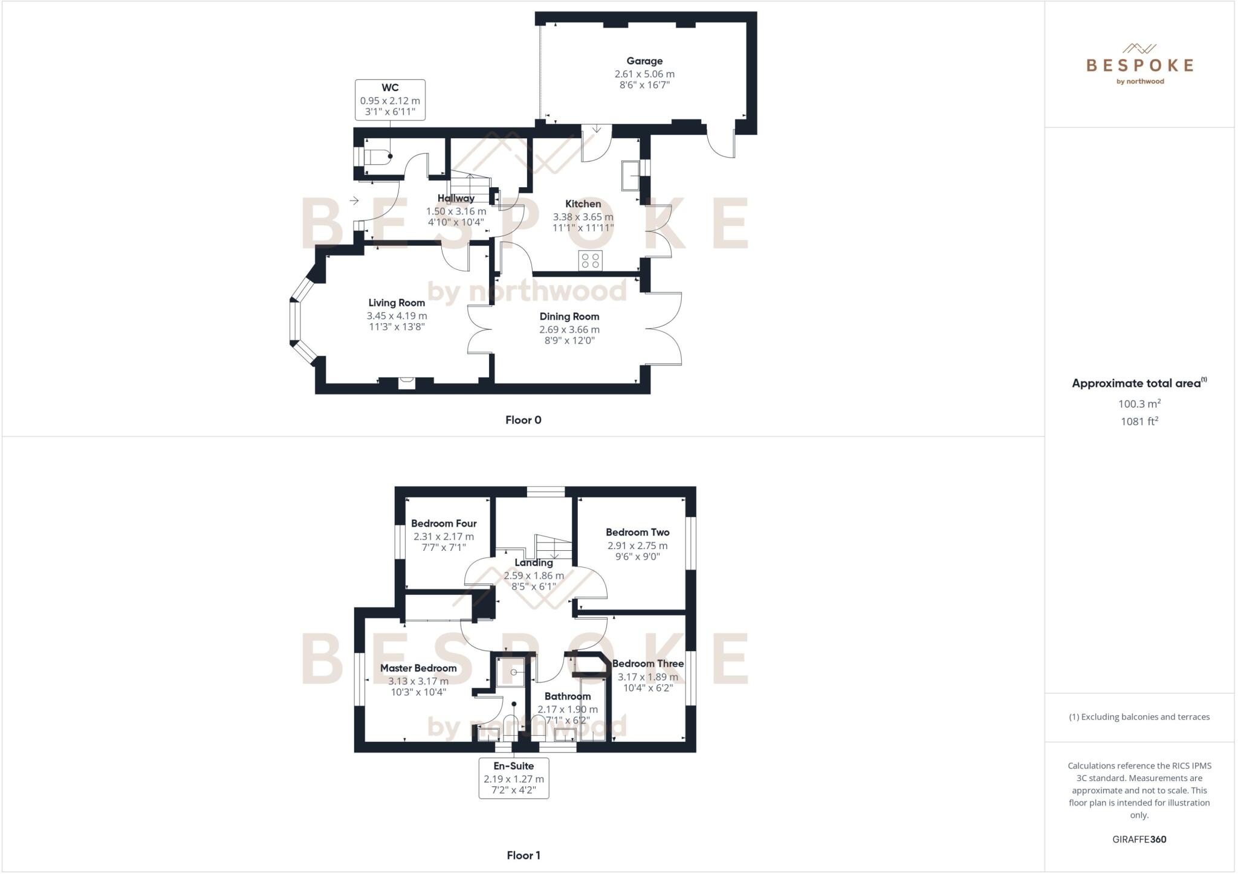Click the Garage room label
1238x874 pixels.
tap(644, 61)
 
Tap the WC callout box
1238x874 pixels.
tap(390, 100)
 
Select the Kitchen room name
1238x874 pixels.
tap(583, 204)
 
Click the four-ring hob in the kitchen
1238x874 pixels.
tap(590, 260)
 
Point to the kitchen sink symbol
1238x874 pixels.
tap(630, 175)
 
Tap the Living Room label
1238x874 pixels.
tap(397, 303)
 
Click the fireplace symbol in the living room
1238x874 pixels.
tap(407, 382)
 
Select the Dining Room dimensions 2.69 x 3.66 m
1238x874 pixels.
tap(569, 330)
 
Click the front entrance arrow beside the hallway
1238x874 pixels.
tap(354, 201)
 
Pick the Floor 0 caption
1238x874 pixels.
tap(523, 420)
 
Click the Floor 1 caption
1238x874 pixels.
tap(523, 855)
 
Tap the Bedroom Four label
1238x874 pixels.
tap(444, 524)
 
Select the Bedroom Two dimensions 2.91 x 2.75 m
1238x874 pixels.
tap(638, 545)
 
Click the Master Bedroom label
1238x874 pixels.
tap(418, 668)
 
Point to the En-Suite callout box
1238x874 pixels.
tap(514, 778)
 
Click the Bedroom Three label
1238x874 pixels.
tap(648, 663)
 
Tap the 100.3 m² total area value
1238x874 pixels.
tap(1139, 403)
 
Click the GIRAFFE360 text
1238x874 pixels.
tap(1139, 839)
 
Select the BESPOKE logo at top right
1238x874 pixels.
tap(1139, 65)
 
